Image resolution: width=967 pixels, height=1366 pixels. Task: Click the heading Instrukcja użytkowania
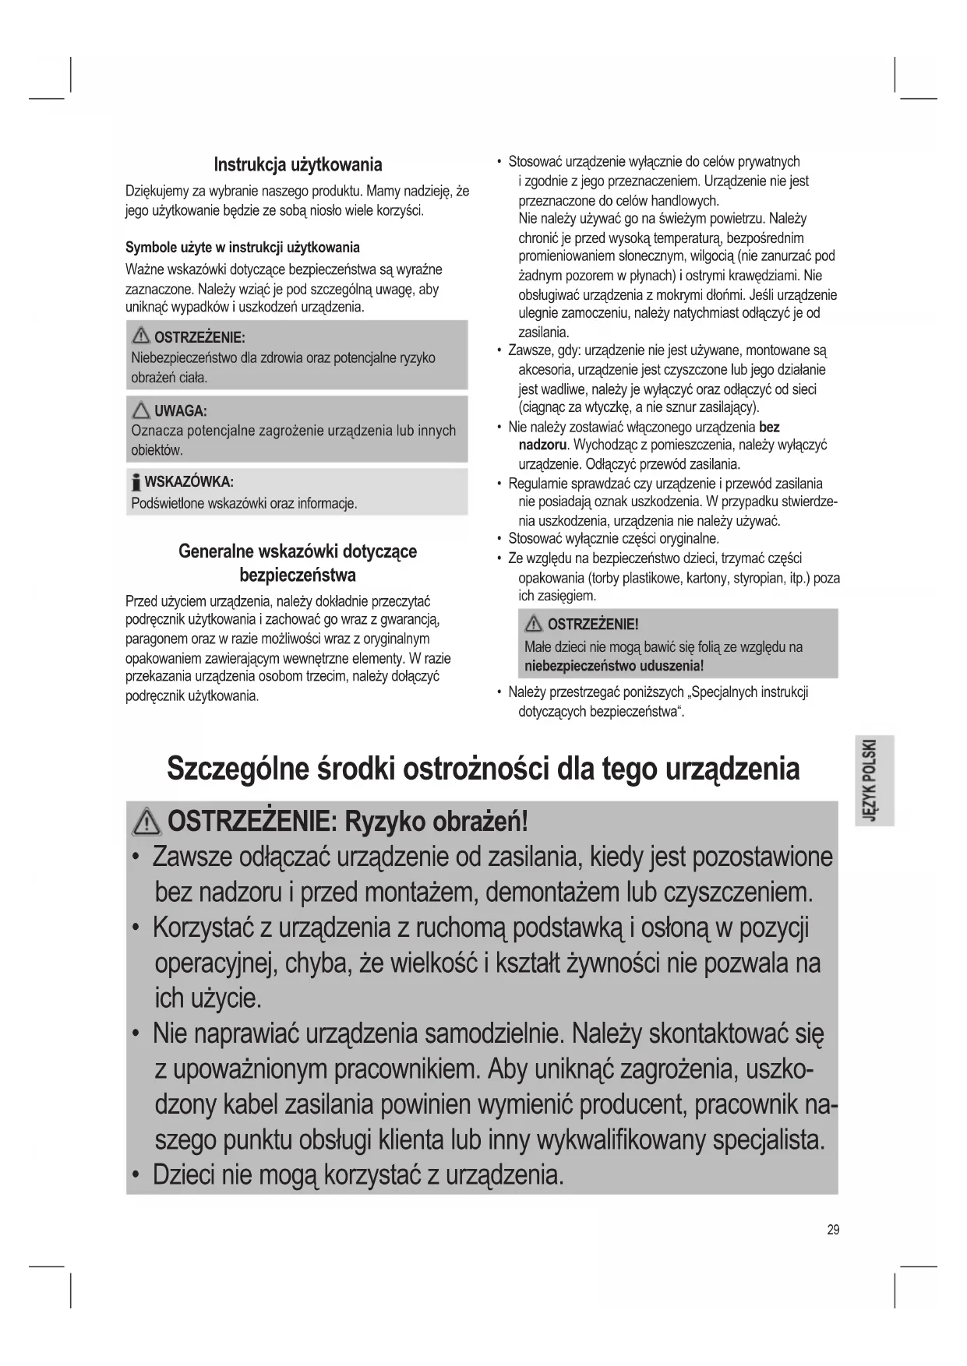tap(298, 164)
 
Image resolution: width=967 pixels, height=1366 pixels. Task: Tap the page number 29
tap(833, 1230)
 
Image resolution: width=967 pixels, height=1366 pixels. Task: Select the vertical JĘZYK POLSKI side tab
tap(873, 780)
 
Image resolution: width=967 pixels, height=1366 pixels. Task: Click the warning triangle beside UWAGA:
tap(141, 410)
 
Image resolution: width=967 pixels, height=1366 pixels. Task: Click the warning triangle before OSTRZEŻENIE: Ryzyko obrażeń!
tap(148, 822)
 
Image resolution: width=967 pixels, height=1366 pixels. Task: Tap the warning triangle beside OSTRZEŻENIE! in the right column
tap(535, 624)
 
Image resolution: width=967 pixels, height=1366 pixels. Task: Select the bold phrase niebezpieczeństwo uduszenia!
tap(614, 666)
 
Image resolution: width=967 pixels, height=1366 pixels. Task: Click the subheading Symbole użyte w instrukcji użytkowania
tap(242, 248)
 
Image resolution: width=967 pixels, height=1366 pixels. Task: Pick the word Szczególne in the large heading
tap(238, 769)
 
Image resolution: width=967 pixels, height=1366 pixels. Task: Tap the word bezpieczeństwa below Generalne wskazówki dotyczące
tap(298, 576)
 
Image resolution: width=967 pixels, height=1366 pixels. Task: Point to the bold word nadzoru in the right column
tap(542, 445)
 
